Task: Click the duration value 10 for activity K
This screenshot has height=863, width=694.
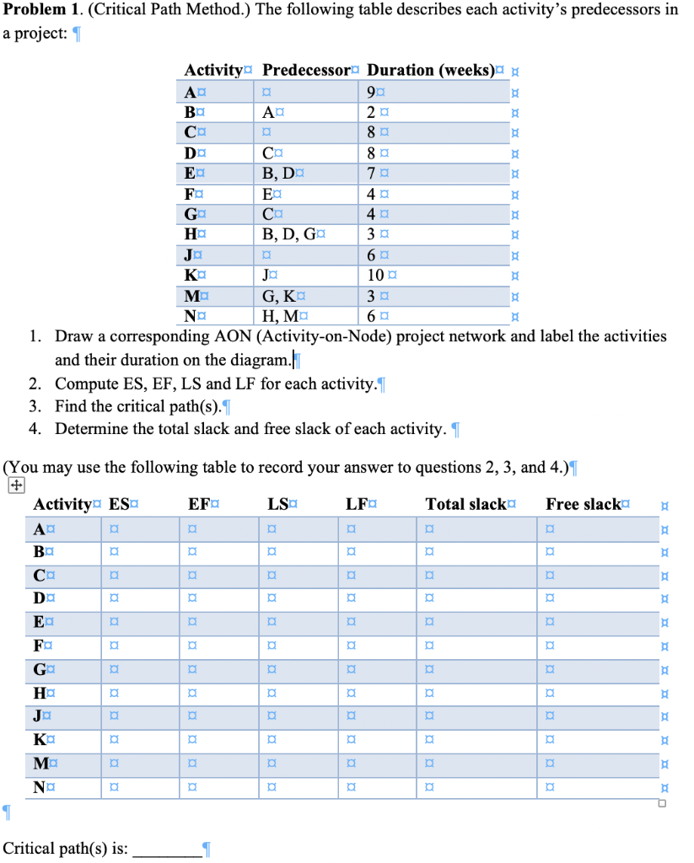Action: coord(376,274)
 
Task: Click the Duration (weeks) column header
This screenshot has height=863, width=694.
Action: coord(431,70)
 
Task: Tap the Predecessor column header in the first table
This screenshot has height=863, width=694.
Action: coord(305,70)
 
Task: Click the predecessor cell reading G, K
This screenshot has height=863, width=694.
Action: coord(282,295)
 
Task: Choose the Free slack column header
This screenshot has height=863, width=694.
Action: coord(584,504)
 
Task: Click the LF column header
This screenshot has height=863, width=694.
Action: coord(356,504)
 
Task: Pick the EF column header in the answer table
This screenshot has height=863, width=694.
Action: coord(199,504)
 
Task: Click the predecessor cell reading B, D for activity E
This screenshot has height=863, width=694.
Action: coord(278,173)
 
